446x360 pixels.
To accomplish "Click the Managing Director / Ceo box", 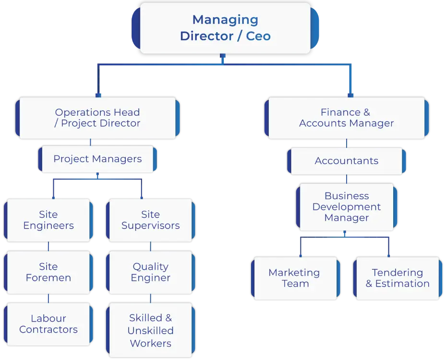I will pos(225,28).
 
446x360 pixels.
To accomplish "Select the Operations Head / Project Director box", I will pos(97,118).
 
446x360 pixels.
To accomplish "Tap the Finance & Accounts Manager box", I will pos(346,118).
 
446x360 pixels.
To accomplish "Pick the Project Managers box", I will pos(97,159).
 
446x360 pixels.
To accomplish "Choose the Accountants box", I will pos(346,161).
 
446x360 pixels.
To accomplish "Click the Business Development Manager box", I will pos(346,207).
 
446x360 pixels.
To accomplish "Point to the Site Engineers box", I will pos(48,220).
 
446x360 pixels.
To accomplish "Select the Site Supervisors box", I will pos(150,220).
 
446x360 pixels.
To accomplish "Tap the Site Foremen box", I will pos(48,272).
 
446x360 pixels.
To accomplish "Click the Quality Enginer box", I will pos(150,272).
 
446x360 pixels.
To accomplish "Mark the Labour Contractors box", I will pos(48,324).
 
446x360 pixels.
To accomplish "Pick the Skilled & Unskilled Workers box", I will pos(150,330).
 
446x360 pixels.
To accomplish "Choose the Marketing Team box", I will pos(294,278).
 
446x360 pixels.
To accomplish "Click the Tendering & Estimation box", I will pos(398,278).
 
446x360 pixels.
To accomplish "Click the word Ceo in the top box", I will pos(258,36).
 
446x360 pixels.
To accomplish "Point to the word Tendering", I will pos(398,273).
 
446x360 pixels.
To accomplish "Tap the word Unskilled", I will pos(150,331).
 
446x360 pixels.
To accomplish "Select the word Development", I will pos(346,207).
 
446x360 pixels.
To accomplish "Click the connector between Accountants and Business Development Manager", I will pos(347,179).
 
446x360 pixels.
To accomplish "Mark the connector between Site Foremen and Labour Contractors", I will pos(48,299).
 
